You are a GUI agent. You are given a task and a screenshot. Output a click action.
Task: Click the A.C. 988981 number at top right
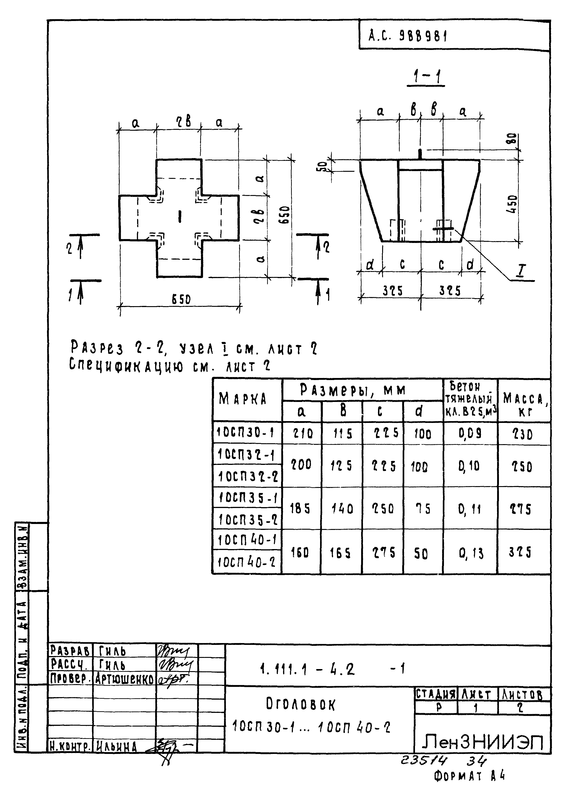coord(408,36)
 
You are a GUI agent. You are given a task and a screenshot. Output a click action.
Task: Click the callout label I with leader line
coord(522,270)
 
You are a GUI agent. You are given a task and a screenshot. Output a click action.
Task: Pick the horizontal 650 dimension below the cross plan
coord(181,299)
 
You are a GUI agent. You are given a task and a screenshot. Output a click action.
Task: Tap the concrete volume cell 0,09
coord(470,433)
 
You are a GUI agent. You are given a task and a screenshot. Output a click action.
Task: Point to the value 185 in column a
coord(300,509)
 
